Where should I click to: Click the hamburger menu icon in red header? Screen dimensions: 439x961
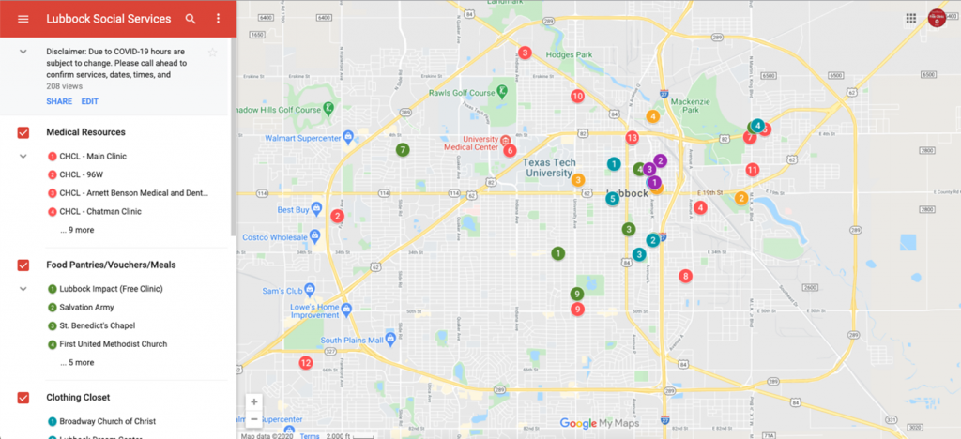pos(23,19)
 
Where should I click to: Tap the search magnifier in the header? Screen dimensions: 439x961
pos(191,19)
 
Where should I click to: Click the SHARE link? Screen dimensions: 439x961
pos(59,101)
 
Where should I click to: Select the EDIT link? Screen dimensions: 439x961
pos(89,101)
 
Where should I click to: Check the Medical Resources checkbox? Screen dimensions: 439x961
pos(23,132)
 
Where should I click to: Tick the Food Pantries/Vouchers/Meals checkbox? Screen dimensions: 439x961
pos(23,265)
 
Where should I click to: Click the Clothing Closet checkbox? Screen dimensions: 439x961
pos(23,398)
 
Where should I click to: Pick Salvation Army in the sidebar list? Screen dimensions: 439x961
pos(86,307)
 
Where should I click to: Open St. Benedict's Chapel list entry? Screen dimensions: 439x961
pos(97,325)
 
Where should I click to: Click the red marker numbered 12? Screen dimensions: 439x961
pos(305,363)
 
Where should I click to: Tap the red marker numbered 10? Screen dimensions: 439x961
pos(577,96)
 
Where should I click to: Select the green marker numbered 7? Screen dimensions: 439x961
pos(402,150)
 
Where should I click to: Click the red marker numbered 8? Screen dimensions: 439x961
pos(686,276)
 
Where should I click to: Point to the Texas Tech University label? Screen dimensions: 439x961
pos(547,167)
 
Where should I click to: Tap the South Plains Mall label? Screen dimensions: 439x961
pos(352,341)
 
